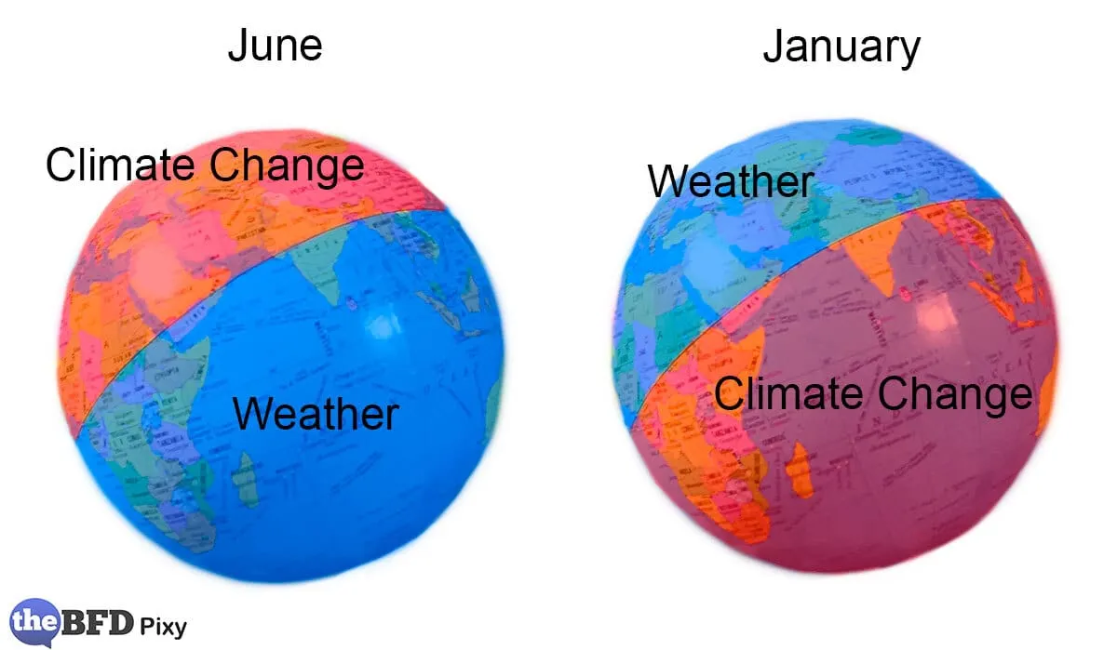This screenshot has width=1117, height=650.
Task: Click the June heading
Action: click(x=275, y=45)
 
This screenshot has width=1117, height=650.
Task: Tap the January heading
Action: click(x=841, y=46)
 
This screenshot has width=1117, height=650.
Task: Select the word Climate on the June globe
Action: click(x=121, y=166)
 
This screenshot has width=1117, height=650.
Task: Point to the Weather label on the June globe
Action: click(x=316, y=413)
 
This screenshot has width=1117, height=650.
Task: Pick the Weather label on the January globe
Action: click(x=731, y=181)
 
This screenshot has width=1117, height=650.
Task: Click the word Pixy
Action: click(x=165, y=625)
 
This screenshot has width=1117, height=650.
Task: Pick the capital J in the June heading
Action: click(x=238, y=45)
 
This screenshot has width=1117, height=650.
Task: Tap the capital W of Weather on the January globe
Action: click(x=670, y=181)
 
